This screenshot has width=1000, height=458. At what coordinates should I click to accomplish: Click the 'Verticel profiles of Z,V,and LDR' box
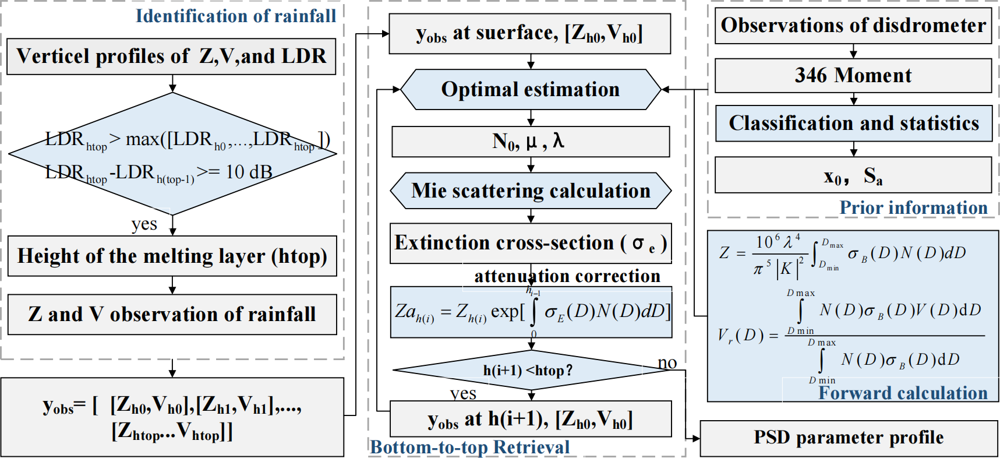pos(171,57)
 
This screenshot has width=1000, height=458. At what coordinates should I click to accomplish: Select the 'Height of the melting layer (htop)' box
pos(172,256)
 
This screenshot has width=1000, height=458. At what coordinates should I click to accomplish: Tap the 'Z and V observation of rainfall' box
pos(172,315)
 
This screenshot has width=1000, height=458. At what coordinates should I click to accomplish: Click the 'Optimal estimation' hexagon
pos(531,90)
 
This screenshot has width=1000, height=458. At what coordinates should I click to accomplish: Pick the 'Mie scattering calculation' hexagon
pos(531,191)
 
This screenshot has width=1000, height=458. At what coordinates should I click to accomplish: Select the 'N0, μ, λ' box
pos(531,142)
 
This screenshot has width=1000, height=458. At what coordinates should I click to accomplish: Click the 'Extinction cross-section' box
pos(531,243)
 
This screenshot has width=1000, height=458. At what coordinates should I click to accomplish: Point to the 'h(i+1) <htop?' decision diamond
pos(528,370)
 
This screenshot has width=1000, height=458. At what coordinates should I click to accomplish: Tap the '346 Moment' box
pos(853,76)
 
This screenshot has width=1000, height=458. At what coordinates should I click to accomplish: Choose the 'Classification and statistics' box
pos(854,124)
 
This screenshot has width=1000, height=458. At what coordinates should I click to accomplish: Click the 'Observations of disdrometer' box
pos(853,26)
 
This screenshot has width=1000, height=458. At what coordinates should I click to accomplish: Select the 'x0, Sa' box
pos(853,175)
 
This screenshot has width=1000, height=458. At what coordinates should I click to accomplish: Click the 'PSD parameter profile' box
pos(849,438)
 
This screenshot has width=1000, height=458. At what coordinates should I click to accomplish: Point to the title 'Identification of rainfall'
pos(236,16)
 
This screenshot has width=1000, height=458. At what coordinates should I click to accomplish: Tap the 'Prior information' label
pos(913,207)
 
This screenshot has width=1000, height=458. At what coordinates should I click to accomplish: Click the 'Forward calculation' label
pos(903,393)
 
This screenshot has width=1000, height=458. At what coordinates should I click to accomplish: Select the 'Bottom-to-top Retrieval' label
pos(470,447)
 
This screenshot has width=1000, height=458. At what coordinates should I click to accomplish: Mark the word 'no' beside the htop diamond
pos(667,363)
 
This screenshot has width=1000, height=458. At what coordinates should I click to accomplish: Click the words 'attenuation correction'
pos(567,276)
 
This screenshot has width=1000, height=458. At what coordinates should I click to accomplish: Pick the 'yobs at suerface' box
pos(529,34)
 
